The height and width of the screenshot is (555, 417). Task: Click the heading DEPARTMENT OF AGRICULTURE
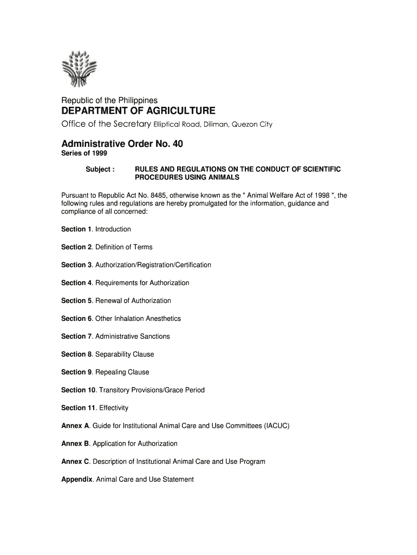138,111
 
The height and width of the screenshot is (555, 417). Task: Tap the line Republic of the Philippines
109,100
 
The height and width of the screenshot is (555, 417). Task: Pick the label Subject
100,170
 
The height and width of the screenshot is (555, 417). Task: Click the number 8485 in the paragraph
138,195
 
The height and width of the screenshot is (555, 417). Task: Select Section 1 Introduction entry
96,229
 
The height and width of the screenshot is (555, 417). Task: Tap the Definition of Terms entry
123,247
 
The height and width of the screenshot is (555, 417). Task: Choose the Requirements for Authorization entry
142,283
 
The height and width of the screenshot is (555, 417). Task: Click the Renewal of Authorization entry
133,301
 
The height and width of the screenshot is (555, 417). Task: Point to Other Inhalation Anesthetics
138,319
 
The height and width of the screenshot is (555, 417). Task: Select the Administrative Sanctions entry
132,337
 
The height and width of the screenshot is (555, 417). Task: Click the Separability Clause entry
124,354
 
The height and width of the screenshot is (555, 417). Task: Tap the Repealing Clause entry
122,372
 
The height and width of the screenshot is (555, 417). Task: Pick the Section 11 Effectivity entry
95,408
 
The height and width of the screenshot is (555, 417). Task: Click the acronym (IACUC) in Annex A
277,426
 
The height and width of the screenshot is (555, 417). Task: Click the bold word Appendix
77,480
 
